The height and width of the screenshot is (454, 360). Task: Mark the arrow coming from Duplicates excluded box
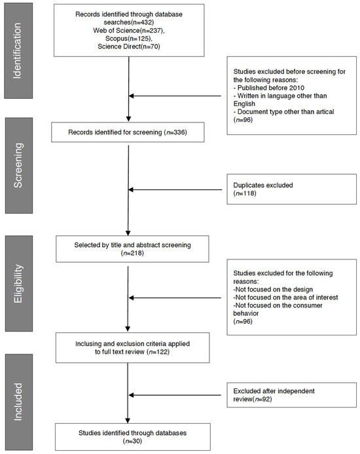click(177, 190)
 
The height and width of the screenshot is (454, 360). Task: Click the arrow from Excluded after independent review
click(177, 394)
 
